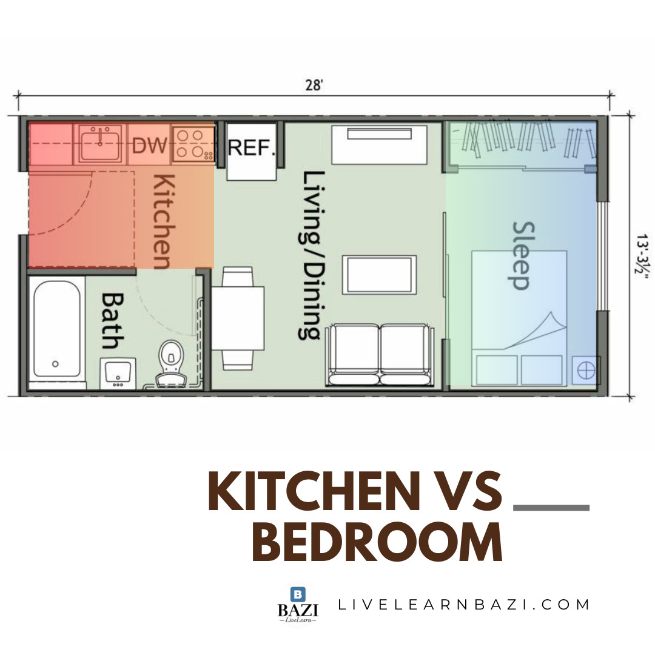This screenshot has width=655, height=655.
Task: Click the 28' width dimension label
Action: (x=314, y=86)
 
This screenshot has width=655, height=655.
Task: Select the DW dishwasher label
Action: (x=150, y=146)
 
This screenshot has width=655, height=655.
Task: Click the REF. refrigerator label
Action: (x=252, y=147)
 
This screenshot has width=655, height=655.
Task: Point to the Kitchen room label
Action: (x=163, y=222)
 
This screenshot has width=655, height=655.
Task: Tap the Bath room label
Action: (x=113, y=321)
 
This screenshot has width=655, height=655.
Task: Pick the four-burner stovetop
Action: (x=193, y=144)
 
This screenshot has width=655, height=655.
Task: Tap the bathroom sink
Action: (x=118, y=373)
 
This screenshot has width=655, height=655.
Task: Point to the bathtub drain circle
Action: (x=55, y=364)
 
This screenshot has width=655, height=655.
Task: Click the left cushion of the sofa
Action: (x=354, y=354)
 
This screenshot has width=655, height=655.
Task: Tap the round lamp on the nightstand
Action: (x=586, y=370)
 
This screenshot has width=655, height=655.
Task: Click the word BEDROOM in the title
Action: (x=377, y=542)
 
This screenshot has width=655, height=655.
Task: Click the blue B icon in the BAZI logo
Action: (x=298, y=594)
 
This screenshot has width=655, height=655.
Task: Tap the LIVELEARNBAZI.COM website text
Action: (x=463, y=605)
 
